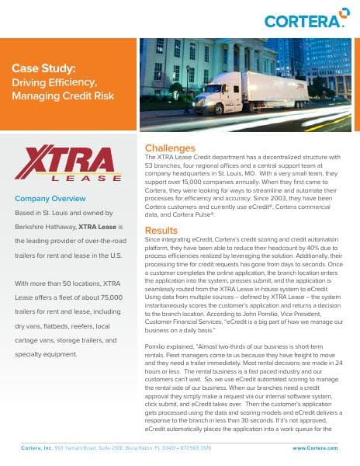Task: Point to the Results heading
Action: (161, 208)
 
